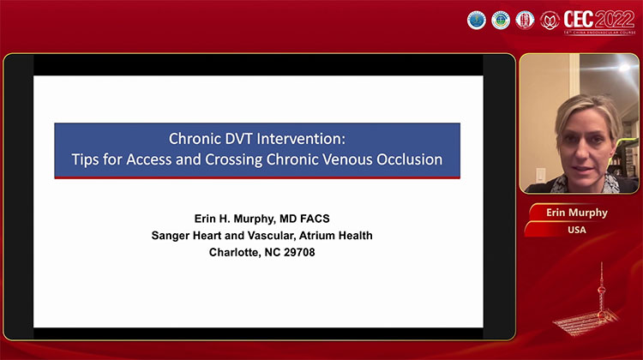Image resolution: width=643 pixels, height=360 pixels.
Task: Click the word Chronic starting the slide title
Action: (x=193, y=138)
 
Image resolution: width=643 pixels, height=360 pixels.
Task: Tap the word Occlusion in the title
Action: (x=407, y=159)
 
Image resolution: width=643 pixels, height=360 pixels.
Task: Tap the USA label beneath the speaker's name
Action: (x=576, y=229)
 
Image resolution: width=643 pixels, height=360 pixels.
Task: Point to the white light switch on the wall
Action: (x=540, y=175)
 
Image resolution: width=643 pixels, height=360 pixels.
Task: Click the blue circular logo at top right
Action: (x=477, y=19)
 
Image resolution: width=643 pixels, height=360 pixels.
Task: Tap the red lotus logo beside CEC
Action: (x=550, y=19)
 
